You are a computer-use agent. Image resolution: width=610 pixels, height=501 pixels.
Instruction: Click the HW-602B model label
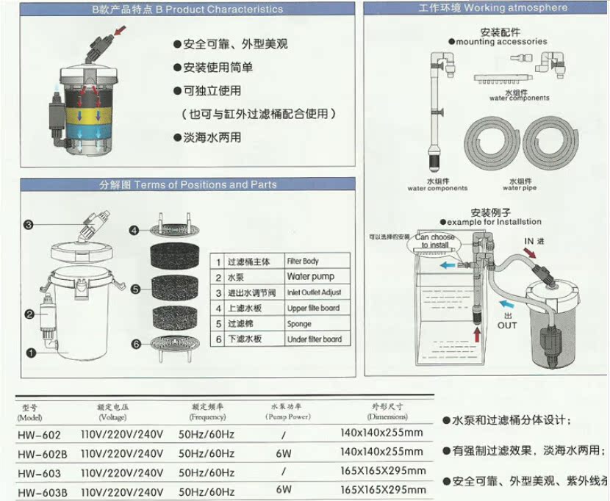[x=41, y=453]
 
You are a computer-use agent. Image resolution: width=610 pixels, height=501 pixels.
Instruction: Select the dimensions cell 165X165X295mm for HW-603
[x=383, y=471]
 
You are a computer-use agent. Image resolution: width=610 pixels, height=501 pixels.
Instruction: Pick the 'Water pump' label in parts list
[x=310, y=277]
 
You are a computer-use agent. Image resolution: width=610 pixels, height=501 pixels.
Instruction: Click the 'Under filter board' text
[x=314, y=339]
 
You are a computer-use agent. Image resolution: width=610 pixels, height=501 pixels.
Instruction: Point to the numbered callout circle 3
[x=29, y=225]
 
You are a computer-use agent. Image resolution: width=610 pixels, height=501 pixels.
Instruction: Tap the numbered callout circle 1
[x=31, y=353]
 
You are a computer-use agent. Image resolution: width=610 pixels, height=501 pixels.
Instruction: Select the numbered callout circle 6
[x=135, y=344]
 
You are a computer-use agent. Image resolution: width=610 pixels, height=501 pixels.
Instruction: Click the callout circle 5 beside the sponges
[x=135, y=290]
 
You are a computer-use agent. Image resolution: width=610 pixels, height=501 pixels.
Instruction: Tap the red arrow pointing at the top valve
[x=120, y=30]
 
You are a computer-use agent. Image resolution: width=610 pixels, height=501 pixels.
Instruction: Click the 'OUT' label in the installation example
[x=506, y=324]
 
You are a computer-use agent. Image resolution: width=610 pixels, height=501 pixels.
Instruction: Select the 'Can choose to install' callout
[x=434, y=241]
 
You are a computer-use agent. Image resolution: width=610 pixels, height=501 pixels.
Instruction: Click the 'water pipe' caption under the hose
[x=520, y=188]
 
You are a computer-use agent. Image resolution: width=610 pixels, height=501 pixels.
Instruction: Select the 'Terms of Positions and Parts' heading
[x=188, y=184]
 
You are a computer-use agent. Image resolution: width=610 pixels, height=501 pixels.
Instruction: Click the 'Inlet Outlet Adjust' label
[x=314, y=292]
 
